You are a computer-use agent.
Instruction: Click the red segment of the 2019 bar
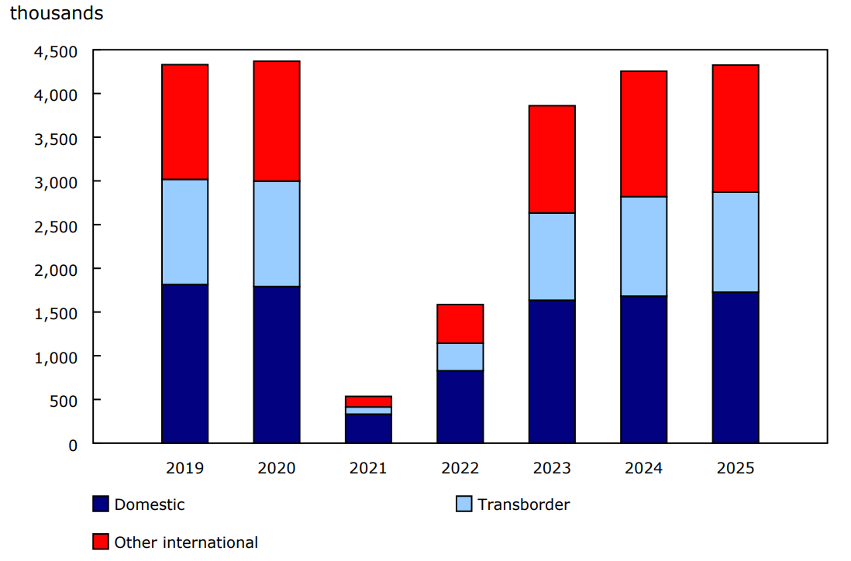pos(184,122)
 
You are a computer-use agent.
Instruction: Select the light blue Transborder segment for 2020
pos(277,233)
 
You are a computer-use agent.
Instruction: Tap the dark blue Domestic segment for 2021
pos(368,428)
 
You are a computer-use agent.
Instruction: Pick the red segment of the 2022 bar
pos(460,323)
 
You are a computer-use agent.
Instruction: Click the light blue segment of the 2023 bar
pos(552,256)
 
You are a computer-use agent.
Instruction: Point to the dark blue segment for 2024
pos(643,369)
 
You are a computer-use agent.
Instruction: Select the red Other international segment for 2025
pos(736,129)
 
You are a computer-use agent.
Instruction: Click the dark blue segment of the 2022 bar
pos(460,407)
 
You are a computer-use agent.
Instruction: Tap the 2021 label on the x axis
pos(368,469)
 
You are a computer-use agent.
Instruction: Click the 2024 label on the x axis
pos(643,469)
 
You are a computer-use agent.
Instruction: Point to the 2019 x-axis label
pos(184,469)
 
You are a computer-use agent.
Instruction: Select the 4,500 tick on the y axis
pos(56,52)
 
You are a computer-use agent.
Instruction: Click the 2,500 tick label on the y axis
pos(56,226)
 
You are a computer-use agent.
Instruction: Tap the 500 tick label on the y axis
pos(64,401)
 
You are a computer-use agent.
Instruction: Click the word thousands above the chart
pos(57,14)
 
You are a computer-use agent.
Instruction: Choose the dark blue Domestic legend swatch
pos(101,504)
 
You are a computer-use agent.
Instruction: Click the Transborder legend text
pos(523,504)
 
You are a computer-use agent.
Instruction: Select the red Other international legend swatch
pos(101,542)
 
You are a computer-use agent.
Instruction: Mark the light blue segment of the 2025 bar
pos(736,242)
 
